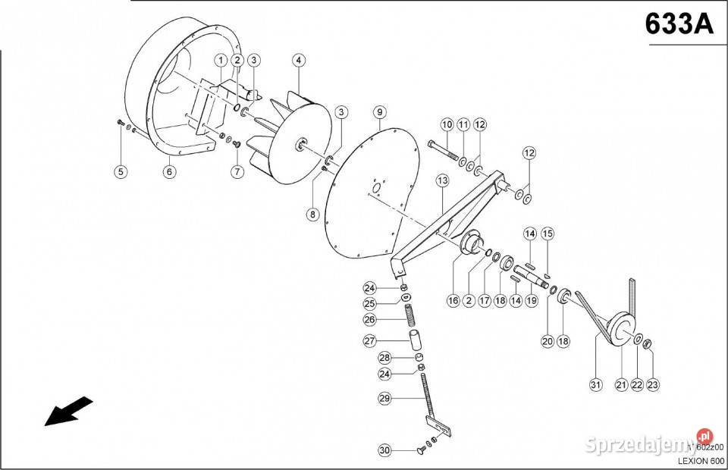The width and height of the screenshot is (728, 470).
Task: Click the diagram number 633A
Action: pos(679,23)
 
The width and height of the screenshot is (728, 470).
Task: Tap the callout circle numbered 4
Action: pos(299,60)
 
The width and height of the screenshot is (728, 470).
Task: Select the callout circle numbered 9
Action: pos(378,113)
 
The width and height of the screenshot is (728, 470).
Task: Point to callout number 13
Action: pos(442,180)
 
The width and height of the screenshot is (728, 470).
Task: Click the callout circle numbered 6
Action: pos(169,171)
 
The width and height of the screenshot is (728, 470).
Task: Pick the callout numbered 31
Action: pos(595,384)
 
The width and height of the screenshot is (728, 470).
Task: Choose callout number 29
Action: pos(384,397)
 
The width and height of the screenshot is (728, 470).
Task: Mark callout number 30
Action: pos(384,451)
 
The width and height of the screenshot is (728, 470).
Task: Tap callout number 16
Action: pos(453,300)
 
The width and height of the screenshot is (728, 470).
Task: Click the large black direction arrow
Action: pos(68,412)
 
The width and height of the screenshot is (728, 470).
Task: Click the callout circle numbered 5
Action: pos(120,171)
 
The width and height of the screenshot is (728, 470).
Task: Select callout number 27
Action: pos(369,341)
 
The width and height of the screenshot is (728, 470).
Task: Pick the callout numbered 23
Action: pos(653,384)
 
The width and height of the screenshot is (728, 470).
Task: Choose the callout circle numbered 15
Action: pos(547,233)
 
